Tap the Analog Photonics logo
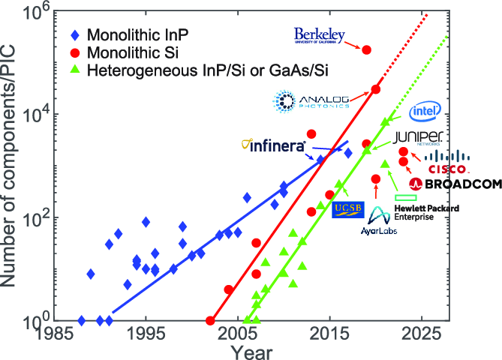pos(311,101)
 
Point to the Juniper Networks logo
pos(419,137)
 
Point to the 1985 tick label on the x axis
pos(53,333)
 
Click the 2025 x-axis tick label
pos(424,333)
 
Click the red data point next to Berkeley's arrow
pos(366,49)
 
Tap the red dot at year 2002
pos(210,321)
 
